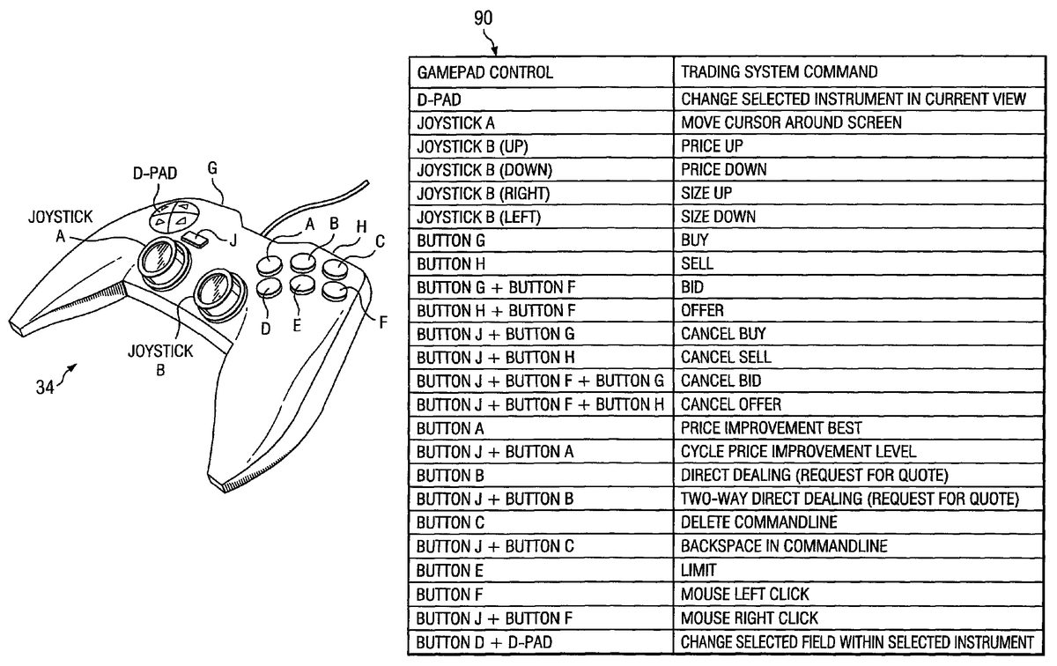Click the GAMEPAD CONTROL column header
tap(485, 72)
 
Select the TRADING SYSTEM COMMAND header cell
tap(779, 72)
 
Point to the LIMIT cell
tap(699, 570)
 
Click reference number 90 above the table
tap(483, 18)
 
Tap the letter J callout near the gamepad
tap(233, 241)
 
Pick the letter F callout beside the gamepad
tap(382, 322)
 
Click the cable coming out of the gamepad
tap(327, 208)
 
